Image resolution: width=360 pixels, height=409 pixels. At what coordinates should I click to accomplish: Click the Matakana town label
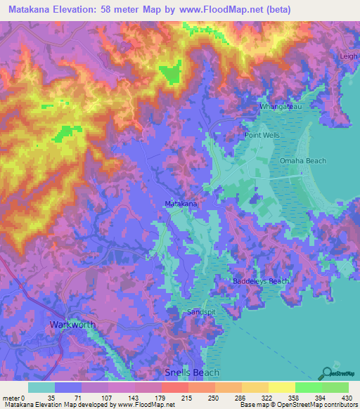click(181, 204)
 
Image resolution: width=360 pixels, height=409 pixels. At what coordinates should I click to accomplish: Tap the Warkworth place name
click(72, 325)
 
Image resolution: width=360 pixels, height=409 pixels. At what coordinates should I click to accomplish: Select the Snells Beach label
click(192, 372)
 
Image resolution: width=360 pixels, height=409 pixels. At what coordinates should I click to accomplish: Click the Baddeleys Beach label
click(261, 281)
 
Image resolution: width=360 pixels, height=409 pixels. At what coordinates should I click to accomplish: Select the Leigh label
click(349, 56)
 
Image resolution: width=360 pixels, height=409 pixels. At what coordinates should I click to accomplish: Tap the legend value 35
click(51, 397)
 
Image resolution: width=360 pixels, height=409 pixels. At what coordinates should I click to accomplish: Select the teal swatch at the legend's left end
click(41, 387)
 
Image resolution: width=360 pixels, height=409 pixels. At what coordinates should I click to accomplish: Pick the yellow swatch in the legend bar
click(281, 387)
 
